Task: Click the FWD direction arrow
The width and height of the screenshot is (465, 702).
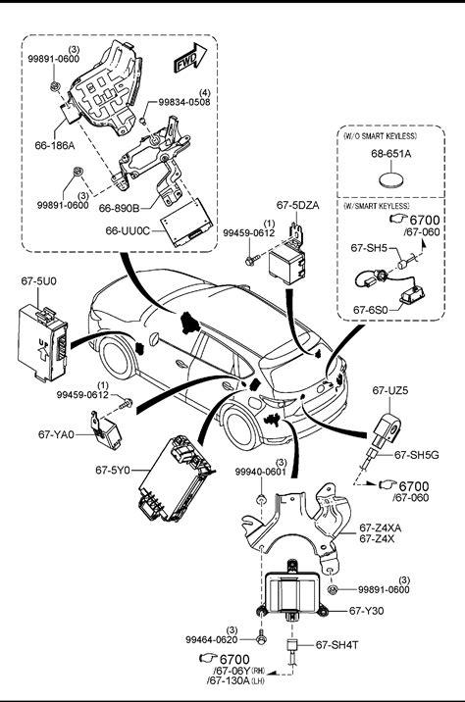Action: pyautogui.click(x=190, y=57)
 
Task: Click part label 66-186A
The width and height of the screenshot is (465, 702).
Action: pyautogui.click(x=55, y=145)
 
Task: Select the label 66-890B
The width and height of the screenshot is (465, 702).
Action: pyautogui.click(x=119, y=208)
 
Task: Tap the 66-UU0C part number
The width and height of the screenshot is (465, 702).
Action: pyautogui.click(x=127, y=230)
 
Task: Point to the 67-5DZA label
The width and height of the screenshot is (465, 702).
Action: pyautogui.click(x=298, y=205)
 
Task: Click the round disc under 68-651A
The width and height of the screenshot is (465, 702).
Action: pyautogui.click(x=392, y=180)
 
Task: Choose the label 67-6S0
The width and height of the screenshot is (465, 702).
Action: pyautogui.click(x=371, y=310)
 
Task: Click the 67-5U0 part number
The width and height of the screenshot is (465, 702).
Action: pyautogui.click(x=39, y=281)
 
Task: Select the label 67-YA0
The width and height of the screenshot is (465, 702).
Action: pyautogui.click(x=56, y=434)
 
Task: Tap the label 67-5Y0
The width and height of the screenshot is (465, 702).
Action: pyautogui.click(x=113, y=470)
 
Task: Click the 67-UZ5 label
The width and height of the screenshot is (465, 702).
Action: pyautogui.click(x=390, y=390)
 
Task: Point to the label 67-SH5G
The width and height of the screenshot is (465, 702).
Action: pyautogui.click(x=417, y=455)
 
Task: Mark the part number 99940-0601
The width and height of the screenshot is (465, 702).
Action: pyautogui.click(x=261, y=472)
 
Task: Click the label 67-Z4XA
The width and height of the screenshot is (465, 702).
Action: pyautogui.click(x=381, y=528)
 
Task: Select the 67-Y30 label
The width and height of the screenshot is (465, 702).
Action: pyautogui.click(x=367, y=611)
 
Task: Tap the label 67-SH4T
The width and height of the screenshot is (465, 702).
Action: pyautogui.click(x=336, y=645)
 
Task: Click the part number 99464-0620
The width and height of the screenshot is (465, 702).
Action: pyautogui.click(x=212, y=640)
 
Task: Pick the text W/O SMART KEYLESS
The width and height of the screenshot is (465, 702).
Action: pyautogui.click(x=380, y=136)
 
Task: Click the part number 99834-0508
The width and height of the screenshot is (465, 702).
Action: pyautogui.click(x=184, y=102)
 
